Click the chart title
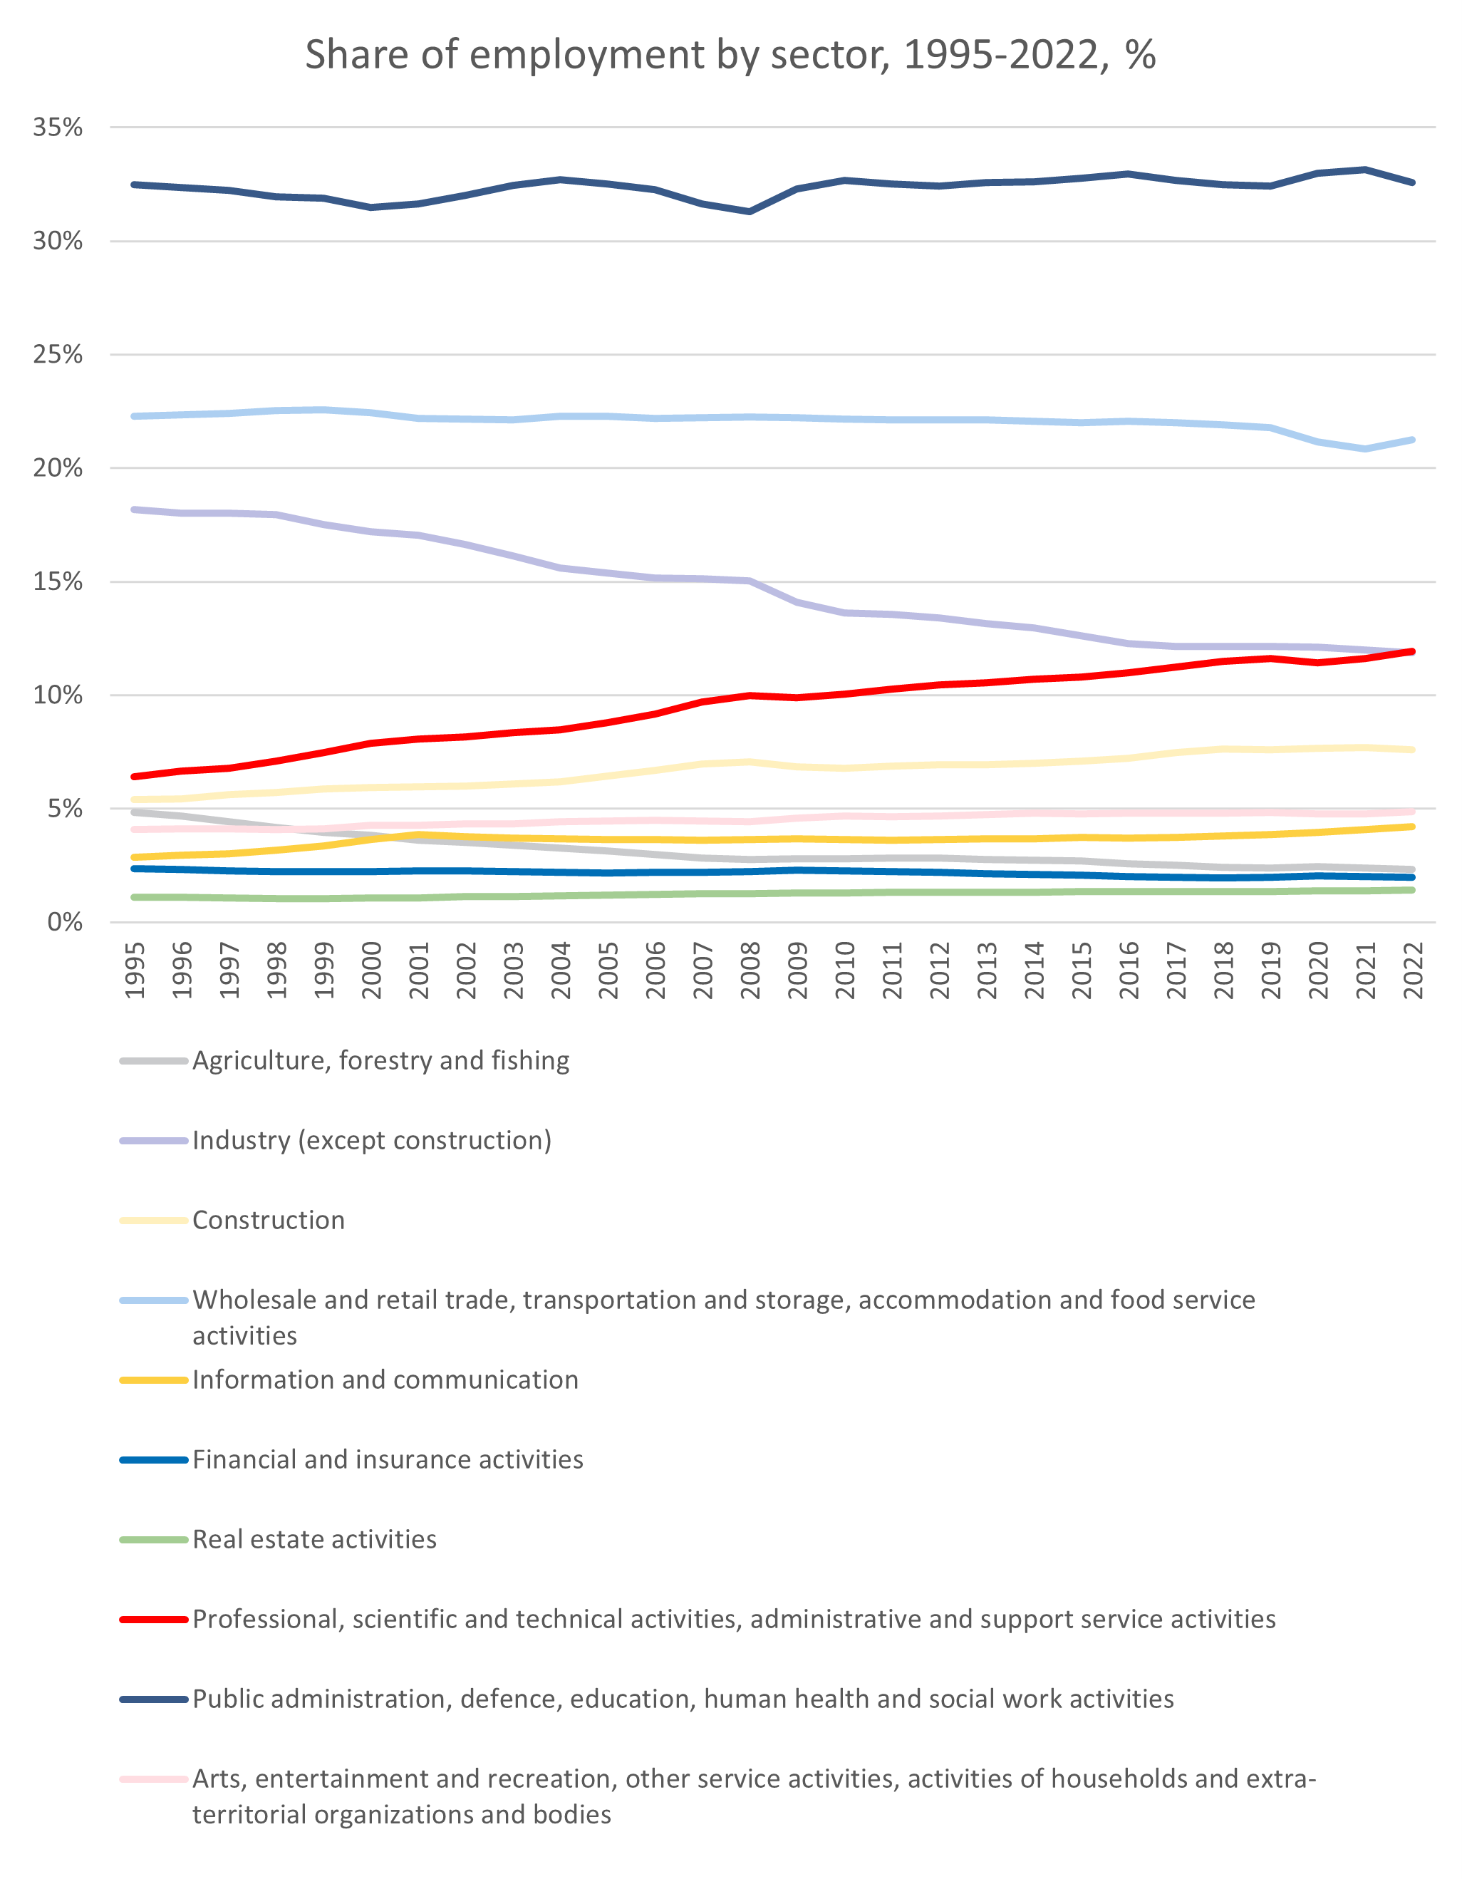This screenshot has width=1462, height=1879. point(730,55)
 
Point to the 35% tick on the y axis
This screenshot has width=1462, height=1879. point(58,128)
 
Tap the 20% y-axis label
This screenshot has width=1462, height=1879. point(58,468)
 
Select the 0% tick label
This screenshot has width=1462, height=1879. point(65,922)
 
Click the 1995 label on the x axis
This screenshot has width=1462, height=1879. point(135,970)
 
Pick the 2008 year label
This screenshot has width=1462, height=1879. point(750,970)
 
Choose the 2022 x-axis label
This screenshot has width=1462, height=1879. point(1413,970)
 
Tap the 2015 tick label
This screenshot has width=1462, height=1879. point(1082,970)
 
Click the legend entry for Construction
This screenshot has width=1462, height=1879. point(269,1220)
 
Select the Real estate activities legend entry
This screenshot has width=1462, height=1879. point(314,1539)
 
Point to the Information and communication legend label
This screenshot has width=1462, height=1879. point(385,1380)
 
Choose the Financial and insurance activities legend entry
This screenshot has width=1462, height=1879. point(387,1459)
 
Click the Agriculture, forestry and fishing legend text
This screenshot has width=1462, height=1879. point(380,1061)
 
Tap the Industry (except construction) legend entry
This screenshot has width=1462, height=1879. point(372,1141)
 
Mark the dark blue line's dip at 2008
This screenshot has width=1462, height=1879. point(750,212)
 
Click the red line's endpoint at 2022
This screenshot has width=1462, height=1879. point(1412,651)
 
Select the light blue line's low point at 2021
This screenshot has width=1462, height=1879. point(1366,449)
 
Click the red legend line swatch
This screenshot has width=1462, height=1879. point(154,1619)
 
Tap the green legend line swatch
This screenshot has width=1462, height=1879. point(154,1539)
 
